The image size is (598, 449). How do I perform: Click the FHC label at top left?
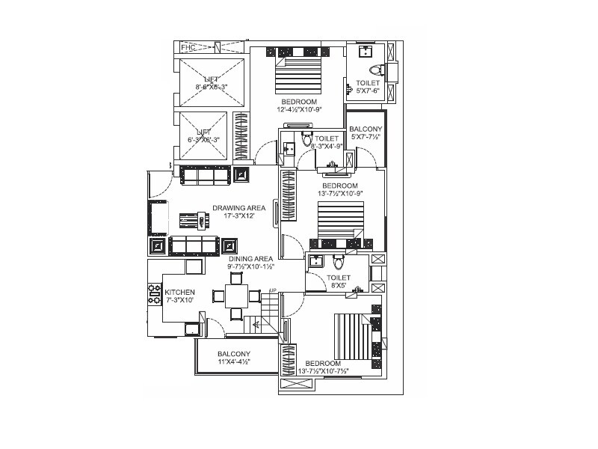(187, 48)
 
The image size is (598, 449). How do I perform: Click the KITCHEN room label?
(180, 292)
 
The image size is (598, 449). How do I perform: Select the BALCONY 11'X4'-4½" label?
(234, 354)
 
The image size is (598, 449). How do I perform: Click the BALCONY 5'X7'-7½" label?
(366, 129)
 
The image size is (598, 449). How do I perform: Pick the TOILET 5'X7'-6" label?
(367, 83)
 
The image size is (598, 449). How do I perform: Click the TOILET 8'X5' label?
(339, 278)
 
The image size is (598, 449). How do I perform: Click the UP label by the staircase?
(273, 290)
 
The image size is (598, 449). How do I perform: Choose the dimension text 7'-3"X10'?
(180, 300)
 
